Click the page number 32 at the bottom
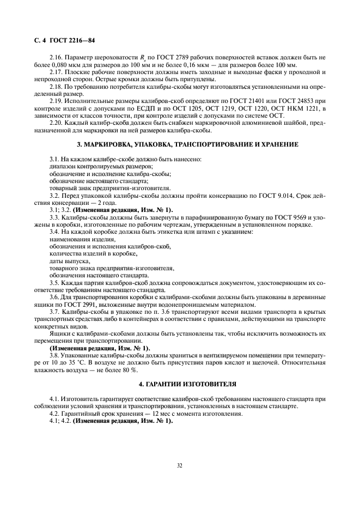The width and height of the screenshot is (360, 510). click(180, 466)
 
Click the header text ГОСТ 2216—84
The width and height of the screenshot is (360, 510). click(72, 40)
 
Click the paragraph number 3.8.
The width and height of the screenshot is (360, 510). click(56, 354)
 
